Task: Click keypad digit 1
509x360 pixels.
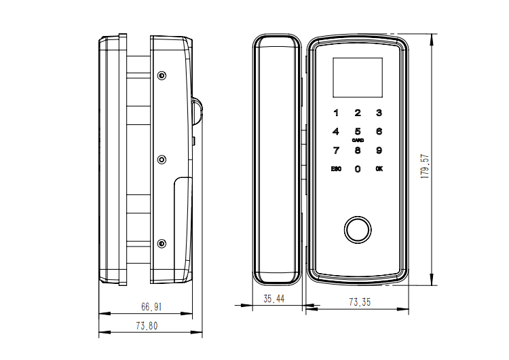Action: pyautogui.click(x=335, y=113)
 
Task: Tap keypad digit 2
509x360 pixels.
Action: pyautogui.click(x=358, y=113)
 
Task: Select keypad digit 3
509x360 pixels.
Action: pyautogui.click(x=379, y=113)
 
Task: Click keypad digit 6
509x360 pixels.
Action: pyautogui.click(x=379, y=132)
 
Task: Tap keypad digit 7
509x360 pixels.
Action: pyautogui.click(x=335, y=151)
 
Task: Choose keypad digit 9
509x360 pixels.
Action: pyautogui.click(x=379, y=151)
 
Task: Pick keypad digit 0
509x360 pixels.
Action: pyautogui.click(x=358, y=169)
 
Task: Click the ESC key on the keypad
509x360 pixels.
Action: pyautogui.click(x=335, y=169)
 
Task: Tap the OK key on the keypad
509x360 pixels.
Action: pyautogui.click(x=379, y=169)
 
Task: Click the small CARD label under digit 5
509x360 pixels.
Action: pyautogui.click(x=358, y=141)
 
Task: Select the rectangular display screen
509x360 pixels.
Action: pyautogui.click(x=357, y=77)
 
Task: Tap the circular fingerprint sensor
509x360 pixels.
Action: pyautogui.click(x=357, y=229)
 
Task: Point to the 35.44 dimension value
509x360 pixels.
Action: pyautogui.click(x=274, y=298)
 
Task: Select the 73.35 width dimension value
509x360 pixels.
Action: pyautogui.click(x=360, y=302)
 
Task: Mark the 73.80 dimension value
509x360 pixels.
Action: pyautogui.click(x=147, y=326)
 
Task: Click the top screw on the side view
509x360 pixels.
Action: pyautogui.click(x=162, y=75)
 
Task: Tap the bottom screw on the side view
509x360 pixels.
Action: pyautogui.click(x=162, y=243)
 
